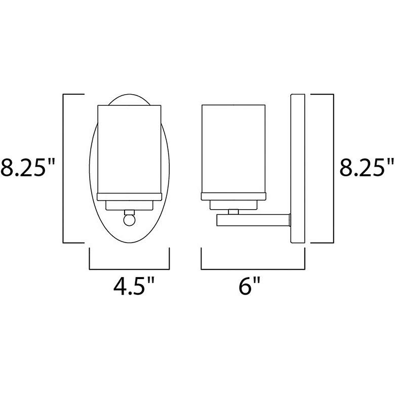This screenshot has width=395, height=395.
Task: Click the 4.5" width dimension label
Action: (x=134, y=289)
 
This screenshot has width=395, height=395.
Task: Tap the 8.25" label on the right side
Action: (x=366, y=168)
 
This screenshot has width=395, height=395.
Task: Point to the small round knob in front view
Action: (x=129, y=220)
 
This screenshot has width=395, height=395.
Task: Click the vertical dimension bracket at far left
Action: (x=63, y=168)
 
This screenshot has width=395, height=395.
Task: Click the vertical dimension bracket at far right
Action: (x=333, y=168)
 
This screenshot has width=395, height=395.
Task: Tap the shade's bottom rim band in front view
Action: (x=129, y=196)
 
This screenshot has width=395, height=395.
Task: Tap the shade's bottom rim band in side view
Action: (x=233, y=196)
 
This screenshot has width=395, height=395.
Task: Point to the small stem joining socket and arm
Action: (x=233, y=211)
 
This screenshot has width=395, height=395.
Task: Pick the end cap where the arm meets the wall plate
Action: (x=288, y=220)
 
